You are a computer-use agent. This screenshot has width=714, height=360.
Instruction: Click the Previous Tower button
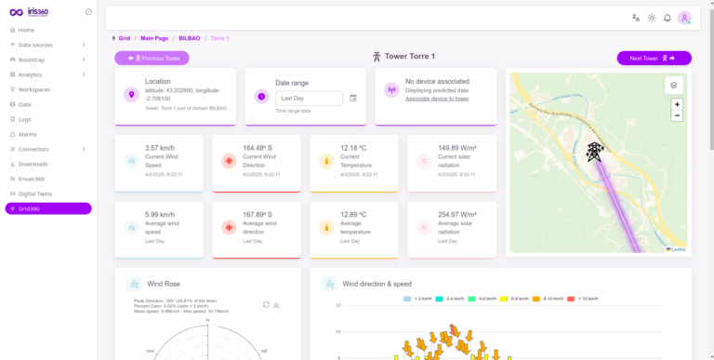point(152,58)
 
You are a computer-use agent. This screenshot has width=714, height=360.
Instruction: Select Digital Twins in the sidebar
point(38,193)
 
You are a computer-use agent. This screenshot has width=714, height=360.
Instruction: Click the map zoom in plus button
point(676,104)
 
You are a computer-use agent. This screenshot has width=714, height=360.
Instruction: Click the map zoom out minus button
point(676,116)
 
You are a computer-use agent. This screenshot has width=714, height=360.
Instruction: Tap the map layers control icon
point(673,85)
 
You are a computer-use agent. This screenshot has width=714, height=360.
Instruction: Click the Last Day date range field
point(310,98)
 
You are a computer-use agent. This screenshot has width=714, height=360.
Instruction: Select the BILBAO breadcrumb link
point(190,38)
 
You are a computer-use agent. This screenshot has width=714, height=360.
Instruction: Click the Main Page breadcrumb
point(154,38)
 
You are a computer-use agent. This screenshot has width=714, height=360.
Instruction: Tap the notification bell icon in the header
point(667,18)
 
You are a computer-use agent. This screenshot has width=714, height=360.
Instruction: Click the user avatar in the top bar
point(684,18)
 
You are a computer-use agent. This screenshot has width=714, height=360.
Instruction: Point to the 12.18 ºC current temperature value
point(355,148)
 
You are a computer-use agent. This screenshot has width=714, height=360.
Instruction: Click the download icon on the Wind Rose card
point(276,304)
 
